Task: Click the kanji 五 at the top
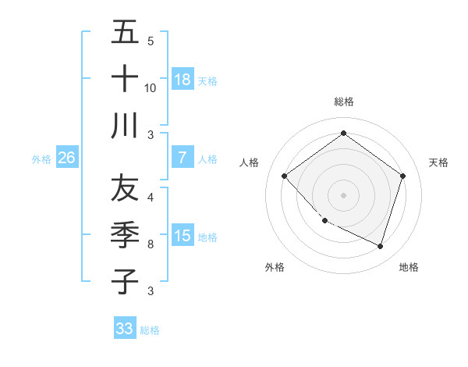click(x=125, y=33)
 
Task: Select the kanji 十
click(x=125, y=79)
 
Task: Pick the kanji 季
click(x=125, y=235)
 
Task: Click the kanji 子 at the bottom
click(x=125, y=281)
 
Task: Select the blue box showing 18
click(x=183, y=79)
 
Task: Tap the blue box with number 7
click(x=183, y=157)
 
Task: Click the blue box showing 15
click(x=183, y=236)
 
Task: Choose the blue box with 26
click(x=66, y=158)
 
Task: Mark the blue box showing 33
click(x=124, y=329)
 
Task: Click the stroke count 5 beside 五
click(x=151, y=41)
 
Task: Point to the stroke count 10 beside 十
click(x=151, y=87)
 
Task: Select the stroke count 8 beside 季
click(x=151, y=244)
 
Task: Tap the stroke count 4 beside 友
click(x=151, y=198)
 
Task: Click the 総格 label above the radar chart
click(x=344, y=102)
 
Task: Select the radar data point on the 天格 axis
click(x=402, y=176)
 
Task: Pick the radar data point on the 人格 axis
click(x=285, y=176)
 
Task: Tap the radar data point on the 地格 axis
click(x=380, y=246)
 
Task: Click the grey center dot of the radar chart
click(x=344, y=194)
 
